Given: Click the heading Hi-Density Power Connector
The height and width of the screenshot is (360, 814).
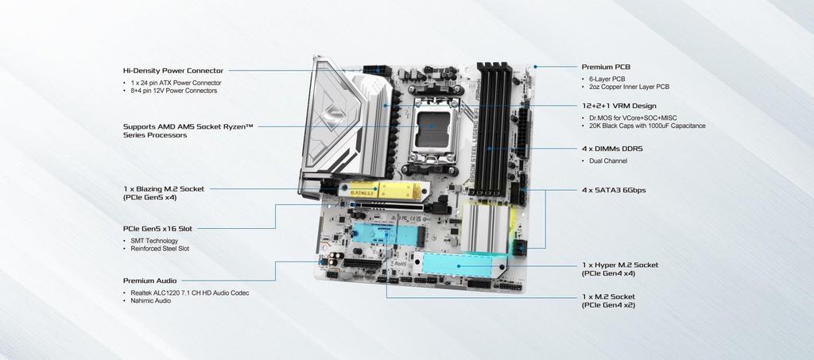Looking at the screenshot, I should tap(172, 70).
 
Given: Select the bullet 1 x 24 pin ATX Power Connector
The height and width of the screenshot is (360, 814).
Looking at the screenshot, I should tap(176, 83).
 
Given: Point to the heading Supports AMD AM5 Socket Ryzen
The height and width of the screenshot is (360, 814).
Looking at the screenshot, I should tap(188, 126).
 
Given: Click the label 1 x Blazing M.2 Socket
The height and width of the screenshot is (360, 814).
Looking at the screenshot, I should tap(164, 188).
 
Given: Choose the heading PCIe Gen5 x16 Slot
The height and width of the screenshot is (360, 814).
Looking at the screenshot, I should tap(157, 228).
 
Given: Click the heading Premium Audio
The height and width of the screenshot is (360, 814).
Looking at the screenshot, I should tap(149, 281).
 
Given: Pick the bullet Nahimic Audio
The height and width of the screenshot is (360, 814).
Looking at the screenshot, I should tap(151, 301).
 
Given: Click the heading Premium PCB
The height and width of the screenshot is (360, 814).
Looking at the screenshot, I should tap(606, 67).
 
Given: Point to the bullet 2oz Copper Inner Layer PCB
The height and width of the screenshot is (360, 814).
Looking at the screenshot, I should tap(629, 87).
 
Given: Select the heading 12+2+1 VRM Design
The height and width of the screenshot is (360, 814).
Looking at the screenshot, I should tap(618, 106).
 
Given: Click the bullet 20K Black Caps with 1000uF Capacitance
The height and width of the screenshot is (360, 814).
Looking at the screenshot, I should tap(647, 126).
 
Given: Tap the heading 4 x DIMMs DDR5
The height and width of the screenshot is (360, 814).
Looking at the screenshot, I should tap(612, 148).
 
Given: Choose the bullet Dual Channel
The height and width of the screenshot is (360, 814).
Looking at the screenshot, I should tap(608, 161).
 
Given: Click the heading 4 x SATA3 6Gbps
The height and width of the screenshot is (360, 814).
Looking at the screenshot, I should tap(614, 190).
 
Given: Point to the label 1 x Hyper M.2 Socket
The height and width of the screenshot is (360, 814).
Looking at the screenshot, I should tap(620, 265).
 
